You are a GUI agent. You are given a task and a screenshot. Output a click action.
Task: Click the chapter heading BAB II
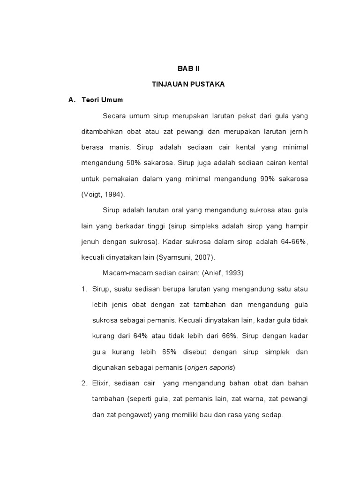click(188, 68)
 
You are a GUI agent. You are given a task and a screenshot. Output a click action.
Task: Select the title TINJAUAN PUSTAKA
click(188, 84)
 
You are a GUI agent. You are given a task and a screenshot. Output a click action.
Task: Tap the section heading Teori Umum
click(102, 100)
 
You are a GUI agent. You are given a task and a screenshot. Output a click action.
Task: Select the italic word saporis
click(221, 367)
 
